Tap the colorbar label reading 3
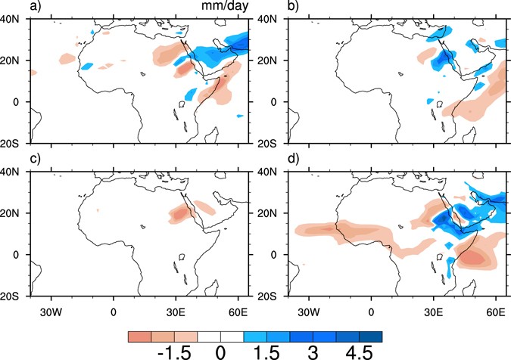312,352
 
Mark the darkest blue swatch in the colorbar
372,335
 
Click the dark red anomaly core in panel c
179,215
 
